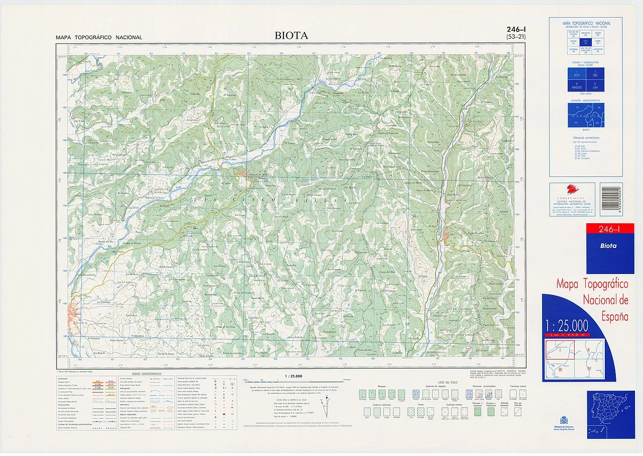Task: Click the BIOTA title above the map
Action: coord(291,36)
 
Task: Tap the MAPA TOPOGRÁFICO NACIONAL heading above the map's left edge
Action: coord(99,38)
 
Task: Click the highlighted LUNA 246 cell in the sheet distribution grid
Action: coord(585,42)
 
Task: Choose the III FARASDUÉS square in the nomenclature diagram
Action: coord(577,86)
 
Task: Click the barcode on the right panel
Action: coord(611,200)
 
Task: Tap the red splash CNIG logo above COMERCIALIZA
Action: coord(572,190)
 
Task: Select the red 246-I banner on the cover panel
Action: coord(607,230)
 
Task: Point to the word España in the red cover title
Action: coord(615,317)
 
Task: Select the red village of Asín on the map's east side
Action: coord(446,235)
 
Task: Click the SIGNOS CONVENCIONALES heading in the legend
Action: coord(147,374)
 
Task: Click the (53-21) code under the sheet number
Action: coord(517,37)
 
